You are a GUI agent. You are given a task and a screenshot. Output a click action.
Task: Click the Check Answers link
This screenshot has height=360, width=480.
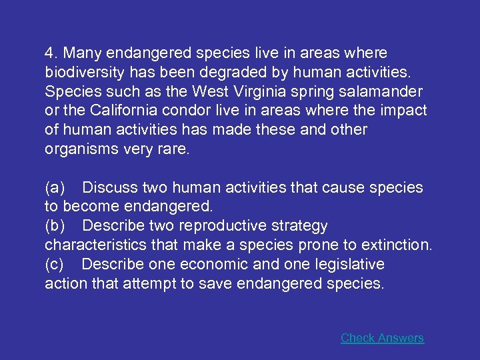[x=382, y=338]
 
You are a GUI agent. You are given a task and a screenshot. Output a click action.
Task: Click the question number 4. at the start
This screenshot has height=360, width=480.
[x=51, y=53]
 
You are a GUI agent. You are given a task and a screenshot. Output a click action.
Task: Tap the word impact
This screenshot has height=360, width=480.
[x=404, y=111]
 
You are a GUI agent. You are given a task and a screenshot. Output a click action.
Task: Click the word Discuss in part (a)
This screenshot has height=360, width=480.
[x=109, y=188]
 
